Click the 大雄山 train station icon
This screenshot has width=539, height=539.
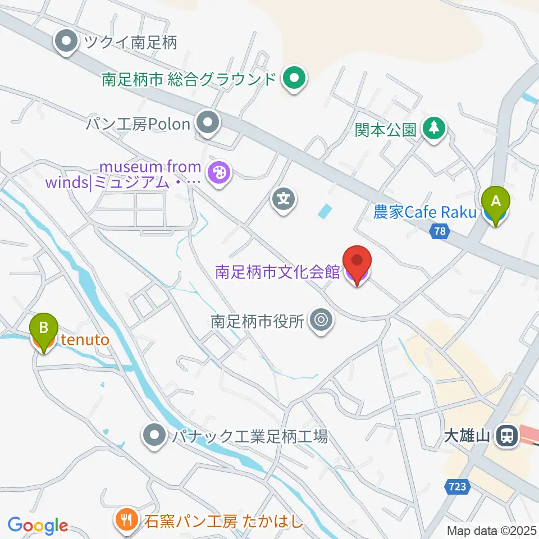tap(507, 435)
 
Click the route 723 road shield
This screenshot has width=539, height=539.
tap(458, 486)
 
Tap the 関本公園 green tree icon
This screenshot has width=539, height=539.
tap(433, 130)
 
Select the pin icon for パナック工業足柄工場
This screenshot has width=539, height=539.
tap(154, 435)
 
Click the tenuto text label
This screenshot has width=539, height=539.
tap(85, 339)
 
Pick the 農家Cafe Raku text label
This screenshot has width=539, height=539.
tap(425, 212)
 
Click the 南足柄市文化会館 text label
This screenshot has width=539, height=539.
tap(278, 272)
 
